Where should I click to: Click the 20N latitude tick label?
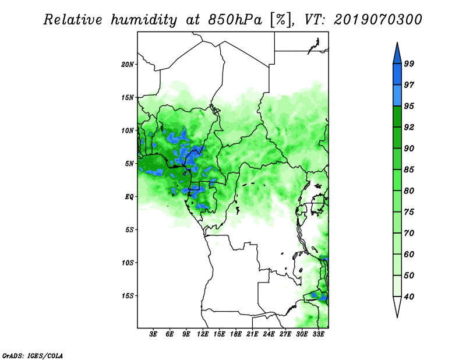[128, 64]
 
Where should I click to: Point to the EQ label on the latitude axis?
[129, 196]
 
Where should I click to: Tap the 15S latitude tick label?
[128, 296]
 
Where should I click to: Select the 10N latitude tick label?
[128, 130]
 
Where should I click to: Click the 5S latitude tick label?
[129, 230]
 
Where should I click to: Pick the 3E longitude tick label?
[153, 334]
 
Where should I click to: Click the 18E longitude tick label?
[236, 334]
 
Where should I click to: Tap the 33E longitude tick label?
[318, 334]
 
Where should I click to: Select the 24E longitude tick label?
[269, 334]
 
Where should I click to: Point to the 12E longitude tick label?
[203, 334]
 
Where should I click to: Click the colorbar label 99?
[409, 63]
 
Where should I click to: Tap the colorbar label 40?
[409, 297]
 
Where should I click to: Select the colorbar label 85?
[409, 170]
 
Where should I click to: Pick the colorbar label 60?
[409, 254]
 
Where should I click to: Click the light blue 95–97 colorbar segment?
[397, 96]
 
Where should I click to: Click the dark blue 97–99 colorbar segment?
[397, 75]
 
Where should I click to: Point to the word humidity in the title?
[144, 20]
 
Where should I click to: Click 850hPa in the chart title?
[235, 20]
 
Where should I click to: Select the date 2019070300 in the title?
[378, 20]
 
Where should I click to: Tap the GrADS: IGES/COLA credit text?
[33, 355]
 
